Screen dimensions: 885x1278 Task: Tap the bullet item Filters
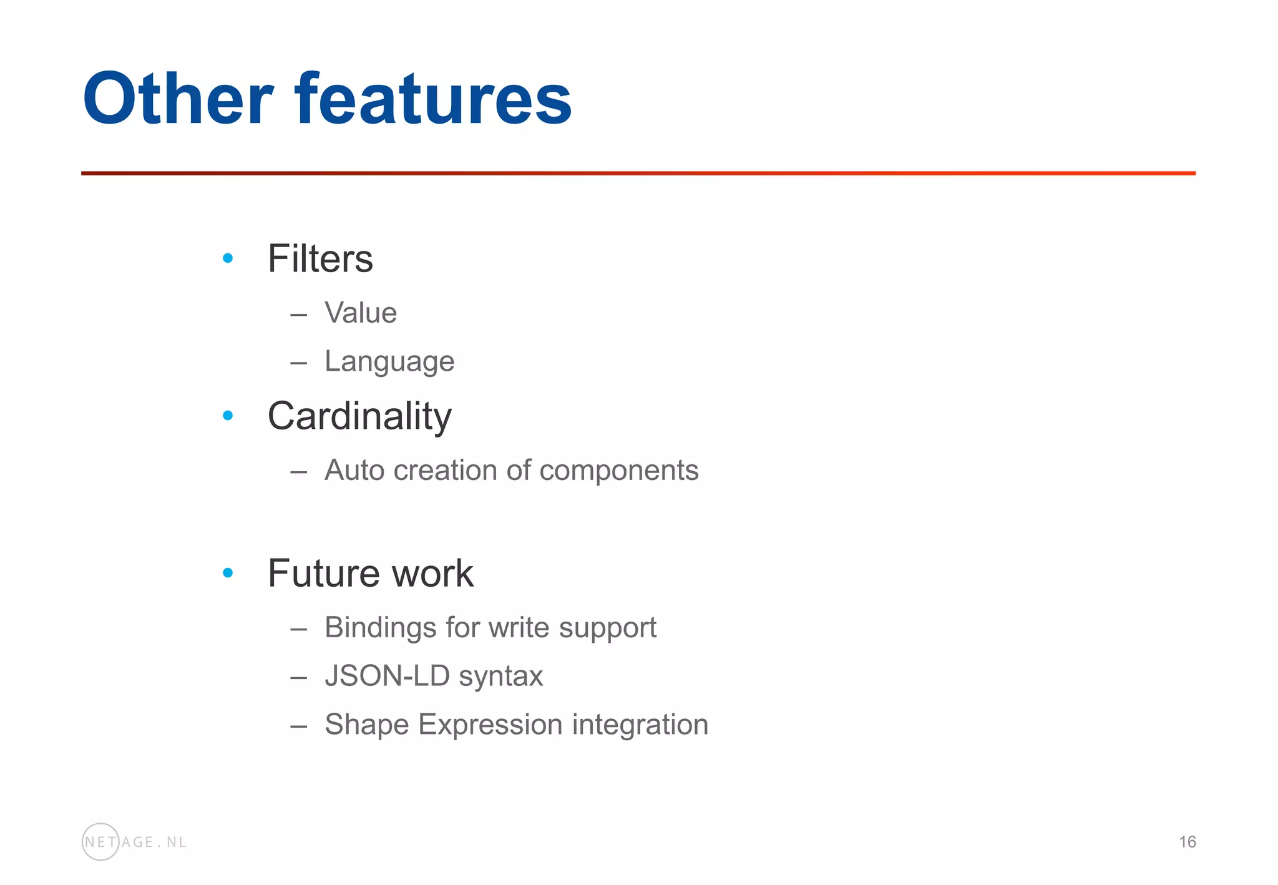pyautogui.click(x=320, y=258)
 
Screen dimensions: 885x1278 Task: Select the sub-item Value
pyautogui.click(x=361, y=313)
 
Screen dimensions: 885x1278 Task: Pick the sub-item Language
pyautogui.click(x=389, y=361)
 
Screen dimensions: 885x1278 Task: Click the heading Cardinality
pyautogui.click(x=359, y=416)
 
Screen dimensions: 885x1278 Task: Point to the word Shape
pyautogui.click(x=367, y=725)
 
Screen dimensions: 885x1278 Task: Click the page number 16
pyautogui.click(x=1187, y=842)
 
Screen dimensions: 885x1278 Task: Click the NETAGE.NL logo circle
pyautogui.click(x=100, y=842)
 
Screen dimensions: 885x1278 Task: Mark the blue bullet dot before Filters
pyautogui.click(x=228, y=258)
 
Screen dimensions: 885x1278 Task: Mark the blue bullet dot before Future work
pyautogui.click(x=228, y=572)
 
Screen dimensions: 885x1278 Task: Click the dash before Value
pyautogui.click(x=298, y=314)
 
